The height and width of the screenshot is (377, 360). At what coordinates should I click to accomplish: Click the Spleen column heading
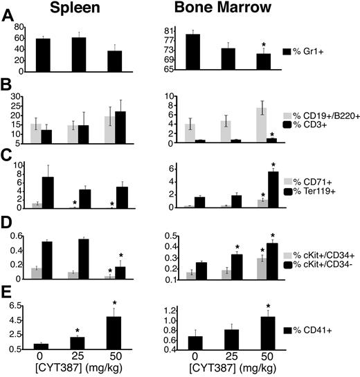69,9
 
